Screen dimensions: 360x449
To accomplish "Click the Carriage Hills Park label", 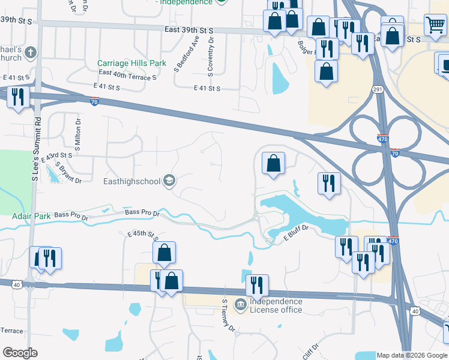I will point(131,63).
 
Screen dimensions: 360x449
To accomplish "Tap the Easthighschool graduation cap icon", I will point(170,181).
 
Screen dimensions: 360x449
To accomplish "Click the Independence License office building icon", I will point(240,305).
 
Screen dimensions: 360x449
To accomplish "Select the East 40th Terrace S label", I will point(127,76).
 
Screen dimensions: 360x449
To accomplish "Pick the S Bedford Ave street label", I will point(186,53).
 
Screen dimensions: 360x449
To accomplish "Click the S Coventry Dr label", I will point(211,55).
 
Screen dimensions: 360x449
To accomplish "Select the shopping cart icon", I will point(435,25).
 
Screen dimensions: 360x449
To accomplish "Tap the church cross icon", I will point(31,53).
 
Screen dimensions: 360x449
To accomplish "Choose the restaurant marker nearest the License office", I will point(257,285).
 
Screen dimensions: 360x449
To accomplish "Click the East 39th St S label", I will point(189,29).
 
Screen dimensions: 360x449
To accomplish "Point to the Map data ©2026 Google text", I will point(412,355).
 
